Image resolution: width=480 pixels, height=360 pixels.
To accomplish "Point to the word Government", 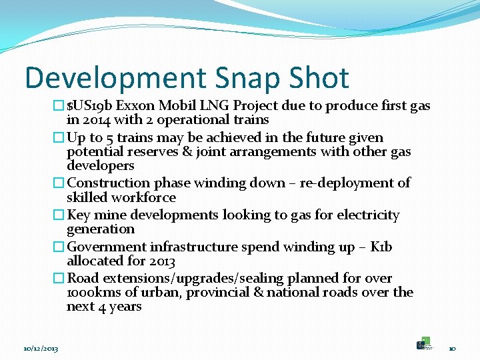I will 104,247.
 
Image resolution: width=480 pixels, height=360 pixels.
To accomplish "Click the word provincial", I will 219,293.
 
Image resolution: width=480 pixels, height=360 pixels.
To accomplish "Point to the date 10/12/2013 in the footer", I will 41,349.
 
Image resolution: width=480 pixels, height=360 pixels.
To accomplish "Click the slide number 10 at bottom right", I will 452,349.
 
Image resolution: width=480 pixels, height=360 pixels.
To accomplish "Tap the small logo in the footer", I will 424,343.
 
